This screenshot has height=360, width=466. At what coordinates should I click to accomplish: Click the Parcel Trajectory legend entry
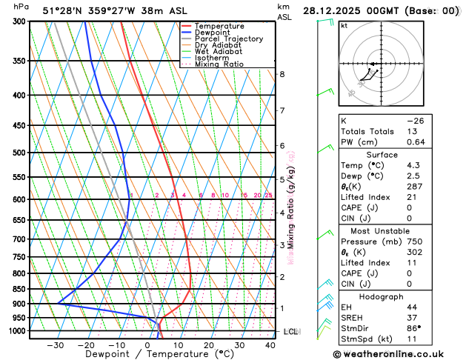[x=227, y=39]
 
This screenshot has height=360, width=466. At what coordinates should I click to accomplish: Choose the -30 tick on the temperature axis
[x=56, y=344]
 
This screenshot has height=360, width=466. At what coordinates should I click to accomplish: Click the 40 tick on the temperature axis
[x=270, y=344]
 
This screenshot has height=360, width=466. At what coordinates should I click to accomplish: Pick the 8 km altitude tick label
[x=282, y=74]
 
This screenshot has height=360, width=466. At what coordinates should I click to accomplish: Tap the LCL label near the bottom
[x=290, y=332]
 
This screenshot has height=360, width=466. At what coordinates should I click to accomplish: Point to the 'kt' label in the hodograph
[x=344, y=25]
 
